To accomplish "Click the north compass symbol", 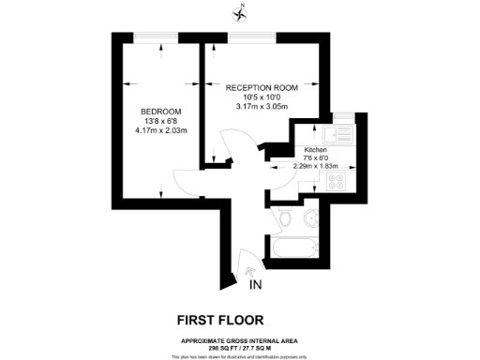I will [x=242, y=12].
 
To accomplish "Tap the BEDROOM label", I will [x=161, y=112].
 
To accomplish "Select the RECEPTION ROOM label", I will [x=262, y=87].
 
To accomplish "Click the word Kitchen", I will [x=314, y=150].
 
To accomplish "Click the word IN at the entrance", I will [x=256, y=284].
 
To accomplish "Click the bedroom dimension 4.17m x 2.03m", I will [x=161, y=132].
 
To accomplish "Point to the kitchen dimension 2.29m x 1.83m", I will [x=316, y=166].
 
